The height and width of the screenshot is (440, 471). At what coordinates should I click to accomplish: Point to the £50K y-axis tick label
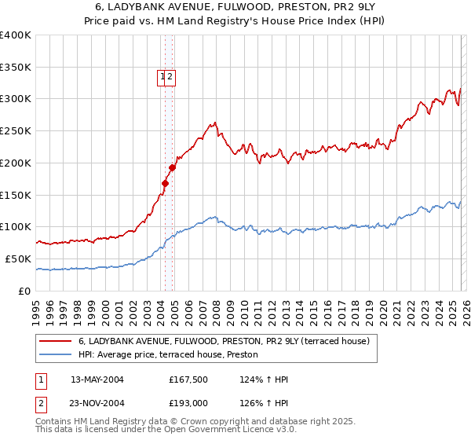[x=19, y=258]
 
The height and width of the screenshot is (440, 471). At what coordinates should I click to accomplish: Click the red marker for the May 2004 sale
[x=165, y=184]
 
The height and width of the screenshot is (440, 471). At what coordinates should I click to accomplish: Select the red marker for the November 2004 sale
[x=173, y=167]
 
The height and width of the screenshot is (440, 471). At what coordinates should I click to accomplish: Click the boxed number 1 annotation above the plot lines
[x=162, y=77]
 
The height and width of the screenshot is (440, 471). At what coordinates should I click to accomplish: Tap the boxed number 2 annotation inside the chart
[x=170, y=77]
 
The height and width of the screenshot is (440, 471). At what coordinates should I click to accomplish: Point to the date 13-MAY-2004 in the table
[x=97, y=379]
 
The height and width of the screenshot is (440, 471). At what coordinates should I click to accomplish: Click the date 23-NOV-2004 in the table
[x=97, y=402]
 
